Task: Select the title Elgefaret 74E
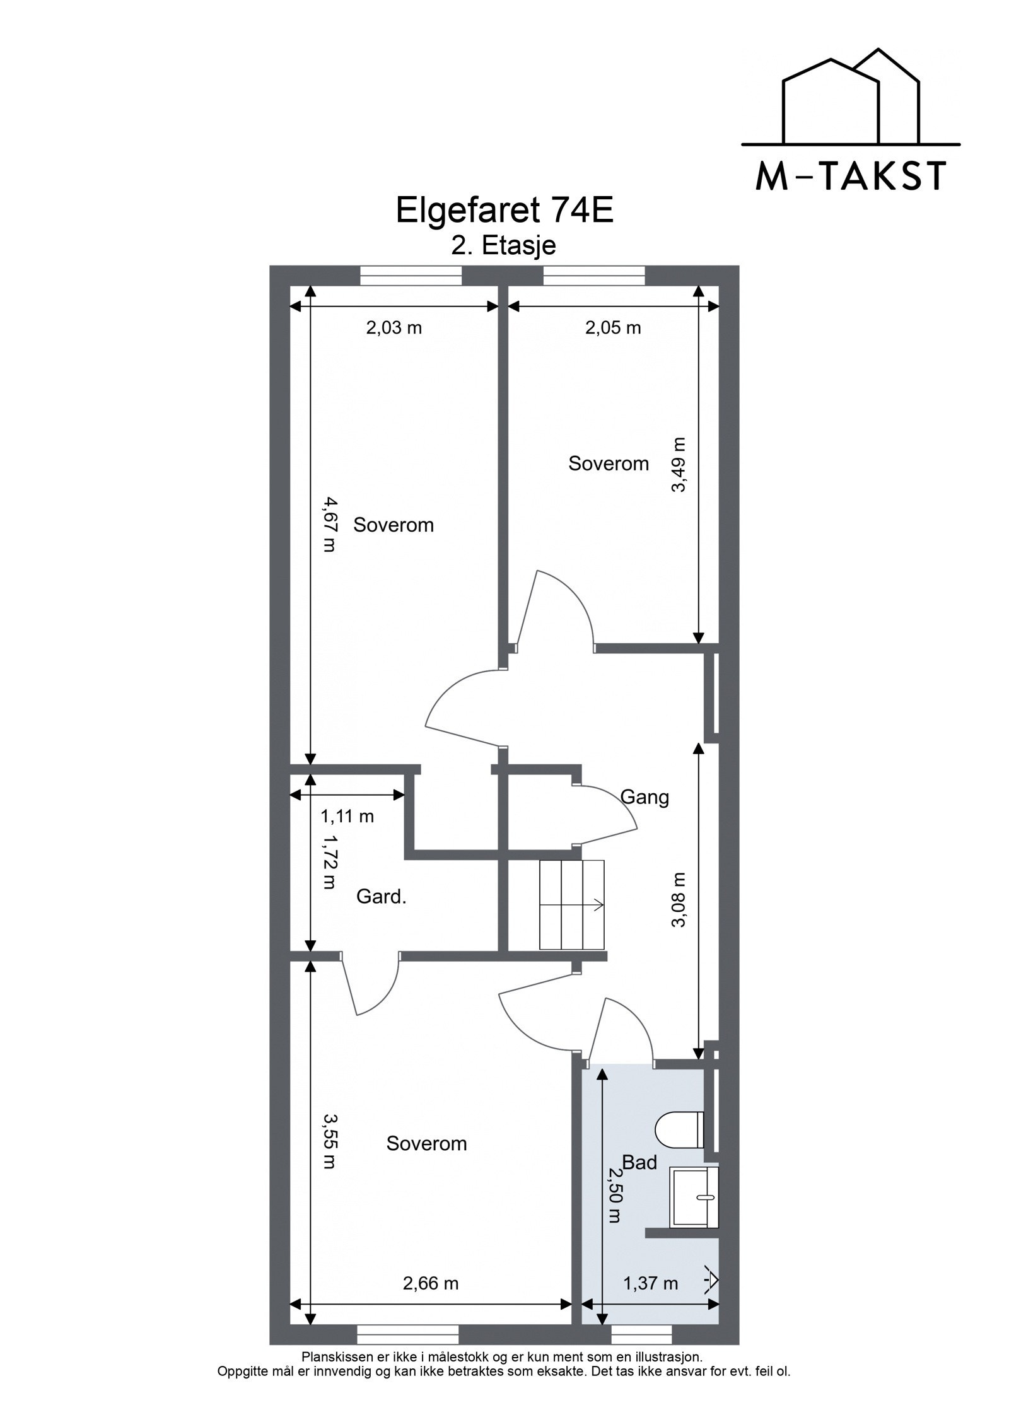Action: (x=504, y=211)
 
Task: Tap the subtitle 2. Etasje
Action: (x=504, y=245)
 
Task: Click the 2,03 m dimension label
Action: (x=394, y=328)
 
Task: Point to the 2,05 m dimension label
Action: (x=612, y=328)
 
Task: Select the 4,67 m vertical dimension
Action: (x=329, y=525)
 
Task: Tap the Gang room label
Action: (x=644, y=798)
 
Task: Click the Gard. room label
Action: (x=381, y=897)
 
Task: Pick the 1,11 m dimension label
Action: (x=347, y=817)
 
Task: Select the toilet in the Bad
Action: (x=679, y=1129)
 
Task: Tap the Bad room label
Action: (x=639, y=1162)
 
